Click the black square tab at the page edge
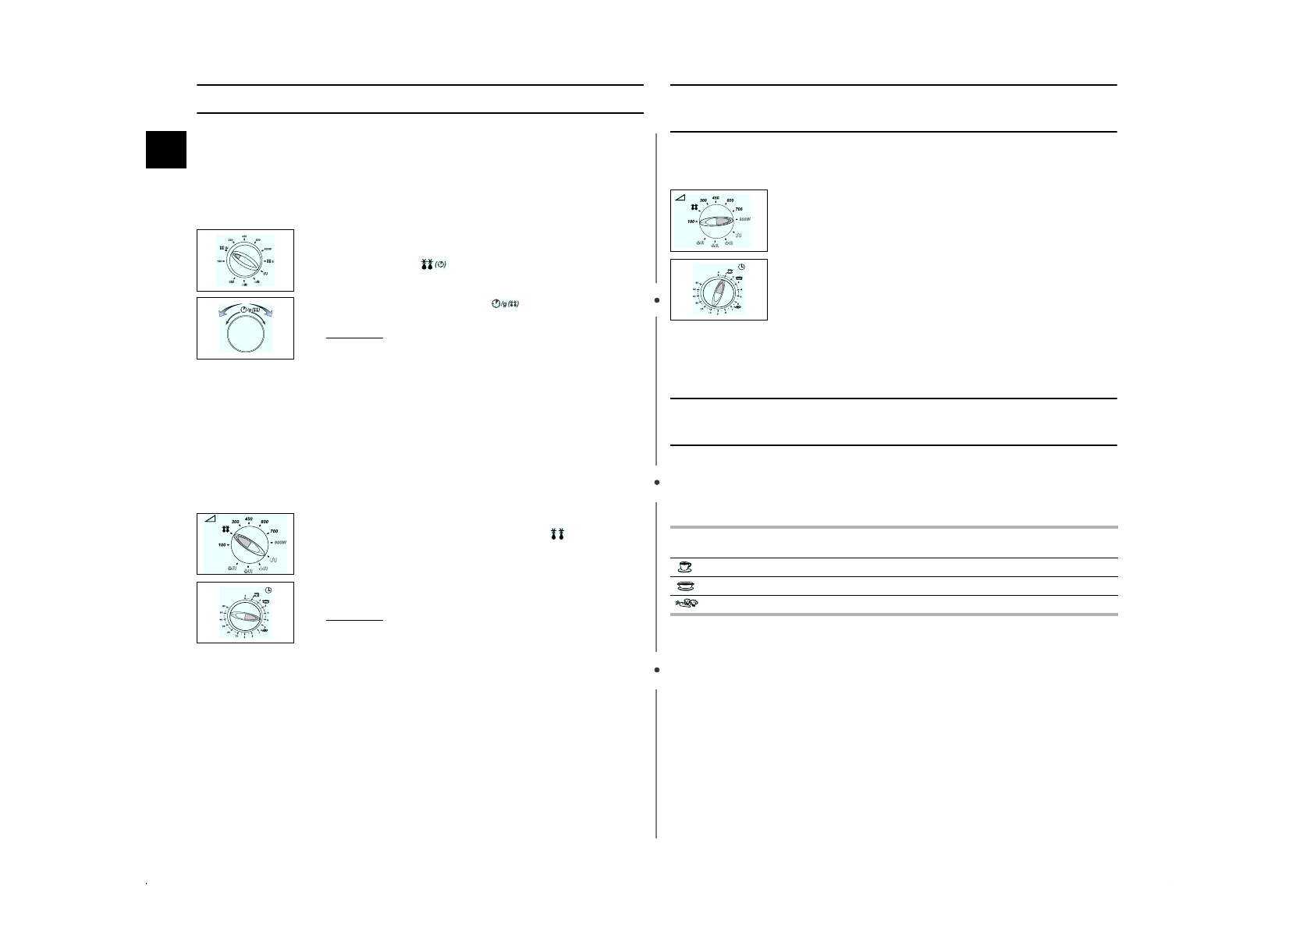pyautogui.click(x=166, y=149)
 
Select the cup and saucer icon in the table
pyautogui.click(x=684, y=567)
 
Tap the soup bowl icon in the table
pyautogui.click(x=684, y=586)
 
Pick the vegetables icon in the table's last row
pyautogui.click(x=684, y=604)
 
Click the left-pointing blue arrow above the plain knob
pyautogui.click(x=215, y=313)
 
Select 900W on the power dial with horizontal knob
pyautogui.click(x=743, y=220)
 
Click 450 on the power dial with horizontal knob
pyautogui.click(x=716, y=198)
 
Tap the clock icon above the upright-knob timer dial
pyautogui.click(x=740, y=267)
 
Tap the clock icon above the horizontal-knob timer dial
pyautogui.click(x=268, y=590)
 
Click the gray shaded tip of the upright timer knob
pyautogui.click(x=721, y=286)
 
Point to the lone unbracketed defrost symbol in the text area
pyautogui.click(x=557, y=534)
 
